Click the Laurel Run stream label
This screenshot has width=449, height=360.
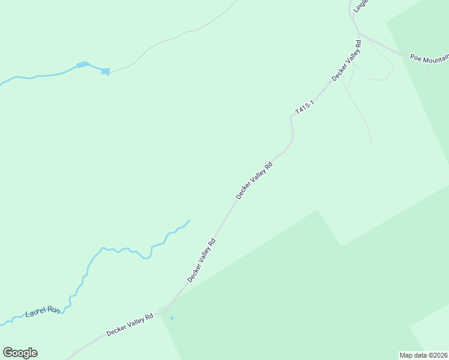point(43,312)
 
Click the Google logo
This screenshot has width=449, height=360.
point(20,353)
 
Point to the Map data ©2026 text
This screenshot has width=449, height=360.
point(423,355)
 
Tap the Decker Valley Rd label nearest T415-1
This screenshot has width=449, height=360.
point(346,61)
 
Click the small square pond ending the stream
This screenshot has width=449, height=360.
point(106,72)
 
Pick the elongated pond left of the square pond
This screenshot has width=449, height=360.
point(83,64)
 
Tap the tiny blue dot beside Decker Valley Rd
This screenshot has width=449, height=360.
point(172,318)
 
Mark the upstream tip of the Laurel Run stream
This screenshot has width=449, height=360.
point(189,220)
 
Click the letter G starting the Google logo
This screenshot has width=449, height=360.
point(8,353)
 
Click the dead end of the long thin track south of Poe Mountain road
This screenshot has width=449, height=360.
point(372,144)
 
